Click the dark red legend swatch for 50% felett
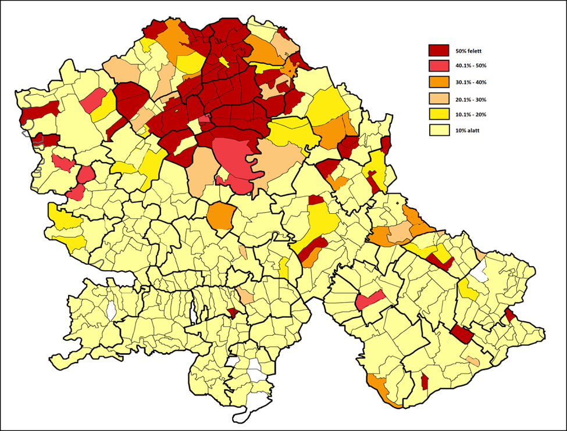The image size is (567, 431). click(x=439, y=51)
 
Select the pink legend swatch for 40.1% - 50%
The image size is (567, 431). click(x=439, y=66)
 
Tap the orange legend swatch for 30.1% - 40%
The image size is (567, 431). click(x=439, y=82)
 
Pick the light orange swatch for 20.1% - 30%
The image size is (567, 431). click(x=439, y=98)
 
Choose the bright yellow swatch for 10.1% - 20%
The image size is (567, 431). click(x=439, y=114)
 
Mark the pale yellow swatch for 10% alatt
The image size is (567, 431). click(x=439, y=130)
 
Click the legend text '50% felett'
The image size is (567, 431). click(x=469, y=51)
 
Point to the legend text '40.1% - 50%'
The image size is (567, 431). click(x=472, y=67)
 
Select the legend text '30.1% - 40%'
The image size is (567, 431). click(x=472, y=82)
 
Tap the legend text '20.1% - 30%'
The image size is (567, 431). click(x=472, y=99)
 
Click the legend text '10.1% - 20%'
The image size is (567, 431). click(x=472, y=114)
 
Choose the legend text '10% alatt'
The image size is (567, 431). click(x=468, y=131)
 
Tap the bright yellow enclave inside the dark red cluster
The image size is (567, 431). click(x=223, y=62)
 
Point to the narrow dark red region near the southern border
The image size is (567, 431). click(x=425, y=382)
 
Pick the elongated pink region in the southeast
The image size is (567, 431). click(x=369, y=300)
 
